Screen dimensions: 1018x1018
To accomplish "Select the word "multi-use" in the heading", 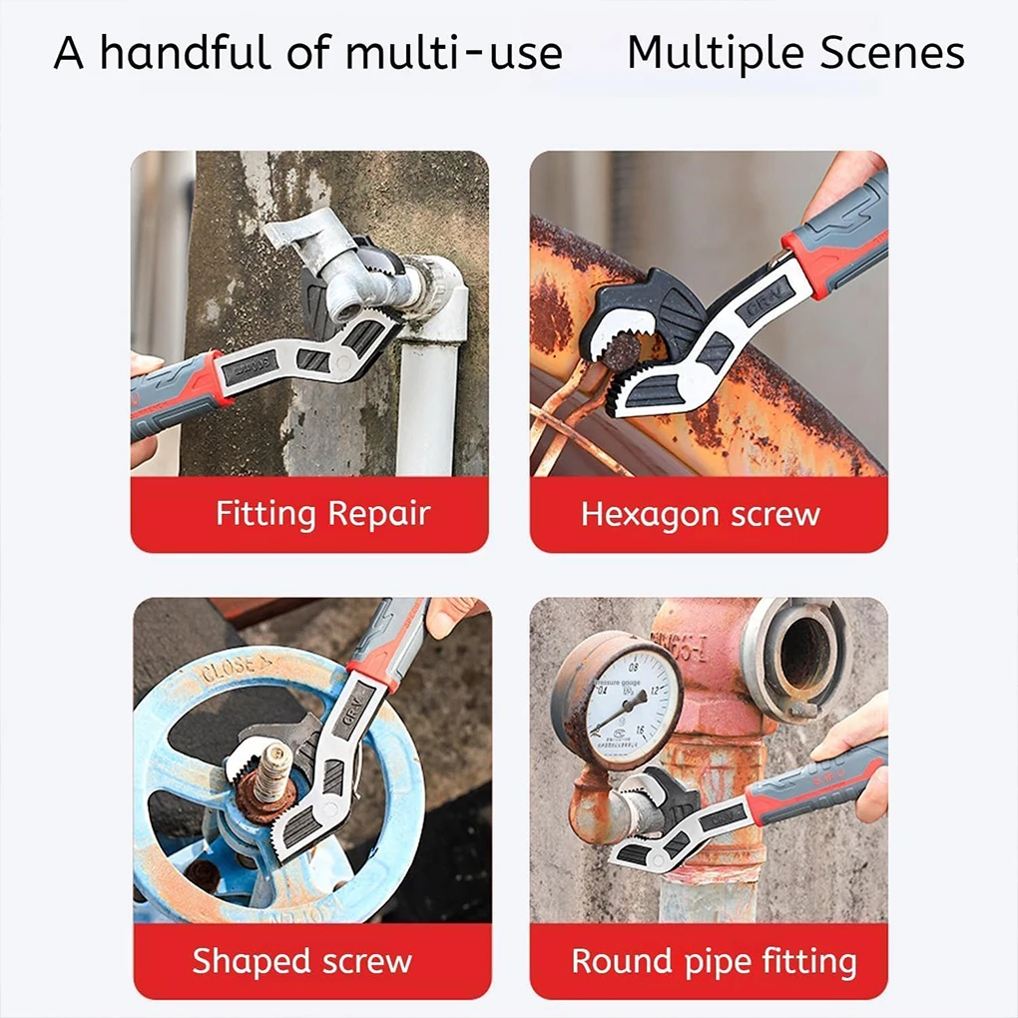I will [453, 53].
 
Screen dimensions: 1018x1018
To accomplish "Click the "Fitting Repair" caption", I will [322, 514].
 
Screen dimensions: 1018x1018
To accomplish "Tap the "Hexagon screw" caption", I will [700, 514].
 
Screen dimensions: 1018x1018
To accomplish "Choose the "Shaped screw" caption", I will [301, 961].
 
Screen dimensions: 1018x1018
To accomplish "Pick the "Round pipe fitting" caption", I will [713, 961].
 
